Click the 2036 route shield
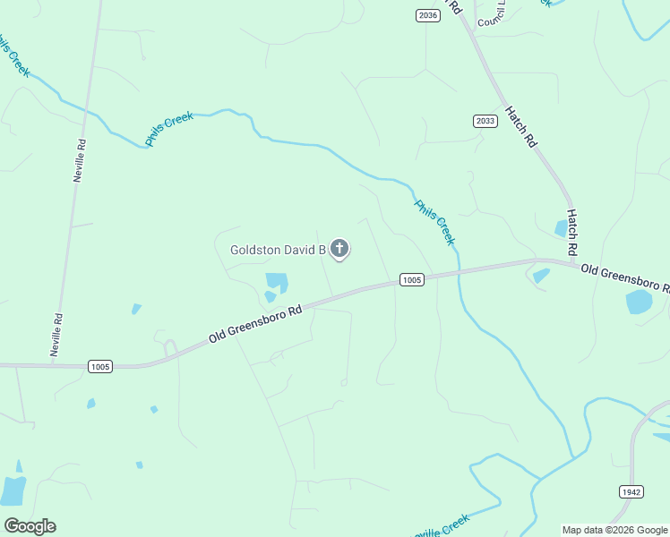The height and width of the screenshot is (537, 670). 428,15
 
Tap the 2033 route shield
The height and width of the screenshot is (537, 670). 485,121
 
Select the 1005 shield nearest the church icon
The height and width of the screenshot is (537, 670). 411,280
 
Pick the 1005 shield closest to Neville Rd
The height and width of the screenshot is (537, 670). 100,366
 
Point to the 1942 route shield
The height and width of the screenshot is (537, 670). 631,491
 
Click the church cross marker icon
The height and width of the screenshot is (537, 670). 339,248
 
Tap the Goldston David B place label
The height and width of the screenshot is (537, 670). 278,251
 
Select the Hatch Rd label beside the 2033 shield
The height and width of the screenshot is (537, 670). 520,127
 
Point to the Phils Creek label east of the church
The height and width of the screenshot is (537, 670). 434,222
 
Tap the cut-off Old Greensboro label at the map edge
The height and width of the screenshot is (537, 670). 624,278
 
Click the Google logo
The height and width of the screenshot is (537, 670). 30,526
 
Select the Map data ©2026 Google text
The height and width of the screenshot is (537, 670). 615,530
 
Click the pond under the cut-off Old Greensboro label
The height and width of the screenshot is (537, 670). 640,302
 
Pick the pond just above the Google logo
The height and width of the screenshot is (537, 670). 13,490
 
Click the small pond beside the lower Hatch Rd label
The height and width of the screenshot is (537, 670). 562,229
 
